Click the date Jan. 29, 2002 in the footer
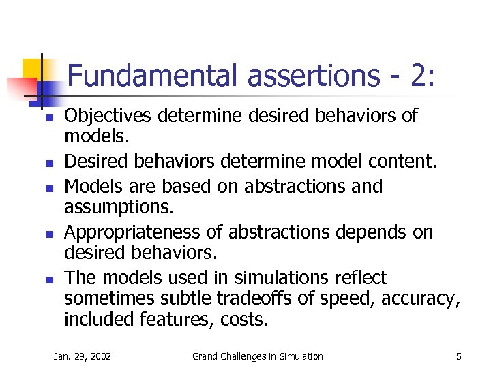click(x=83, y=356)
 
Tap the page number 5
click(x=459, y=356)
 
